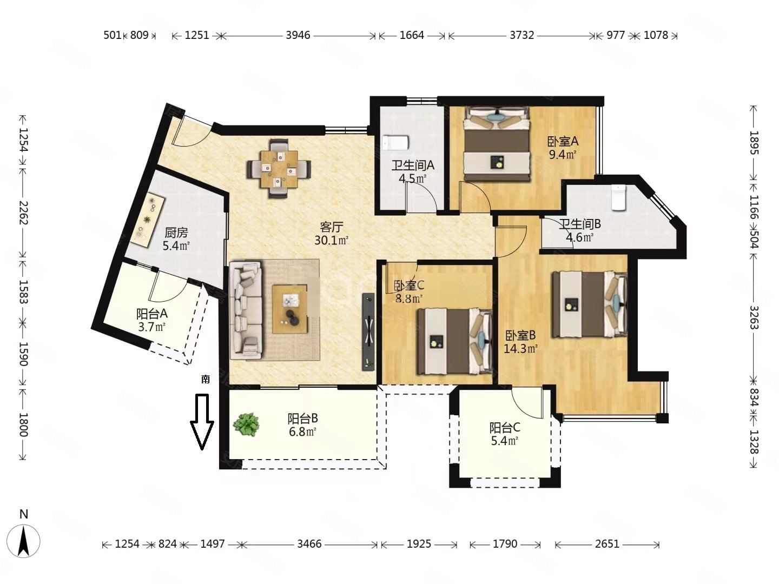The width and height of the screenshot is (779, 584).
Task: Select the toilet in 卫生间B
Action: [x=618, y=197]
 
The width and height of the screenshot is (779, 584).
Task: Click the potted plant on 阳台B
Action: [x=246, y=424]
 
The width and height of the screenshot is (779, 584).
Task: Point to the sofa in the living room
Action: [x=246, y=310]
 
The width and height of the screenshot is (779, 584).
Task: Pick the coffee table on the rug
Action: [x=289, y=309]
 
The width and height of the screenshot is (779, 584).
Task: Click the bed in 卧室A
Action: [x=497, y=144]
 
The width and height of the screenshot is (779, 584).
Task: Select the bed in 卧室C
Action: [x=454, y=341]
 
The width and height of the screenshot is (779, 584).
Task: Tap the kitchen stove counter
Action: [x=147, y=220]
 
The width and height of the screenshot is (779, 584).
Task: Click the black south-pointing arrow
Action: [x=202, y=421]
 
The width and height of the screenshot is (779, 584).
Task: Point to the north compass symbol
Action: [x=23, y=541]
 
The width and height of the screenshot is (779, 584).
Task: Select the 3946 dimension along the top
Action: [x=298, y=35]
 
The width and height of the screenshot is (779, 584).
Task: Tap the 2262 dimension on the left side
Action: [x=23, y=213]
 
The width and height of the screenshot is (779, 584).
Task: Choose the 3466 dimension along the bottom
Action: [x=309, y=544]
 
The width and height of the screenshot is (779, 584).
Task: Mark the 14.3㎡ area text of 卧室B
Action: [x=520, y=349]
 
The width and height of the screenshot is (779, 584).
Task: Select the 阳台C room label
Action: [x=505, y=428]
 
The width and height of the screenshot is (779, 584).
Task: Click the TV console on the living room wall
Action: [x=368, y=332]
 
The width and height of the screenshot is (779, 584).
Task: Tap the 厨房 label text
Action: [x=176, y=233]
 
